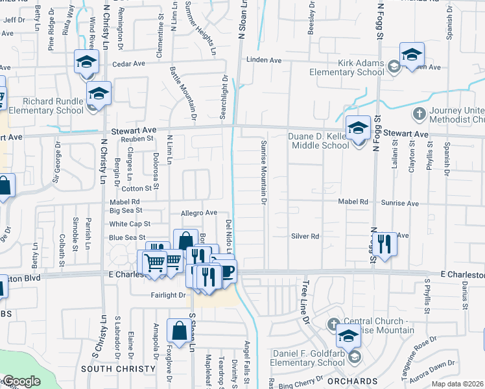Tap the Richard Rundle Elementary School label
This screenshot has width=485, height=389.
53,106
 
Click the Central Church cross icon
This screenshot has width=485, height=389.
334,323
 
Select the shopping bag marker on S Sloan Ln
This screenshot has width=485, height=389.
179,331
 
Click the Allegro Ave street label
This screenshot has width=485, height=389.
198,213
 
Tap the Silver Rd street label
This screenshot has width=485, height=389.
306,237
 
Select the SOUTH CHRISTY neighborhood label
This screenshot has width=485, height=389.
119,368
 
